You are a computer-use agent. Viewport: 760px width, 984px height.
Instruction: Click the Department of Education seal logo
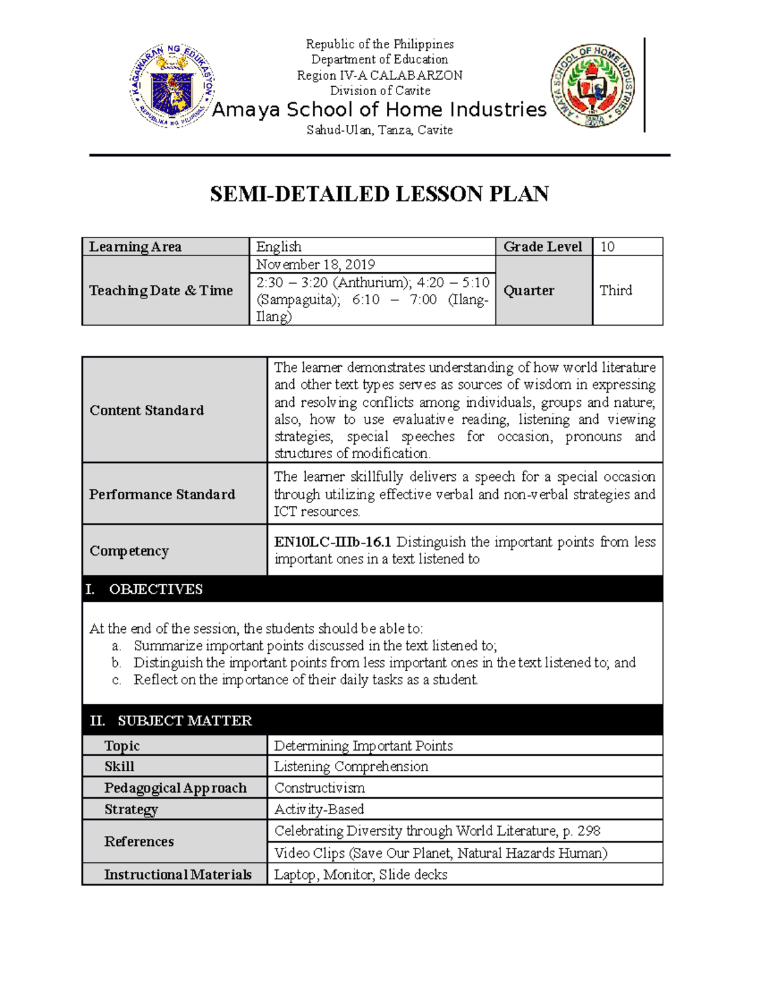tap(172, 86)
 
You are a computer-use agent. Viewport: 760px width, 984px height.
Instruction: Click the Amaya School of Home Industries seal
tap(593, 86)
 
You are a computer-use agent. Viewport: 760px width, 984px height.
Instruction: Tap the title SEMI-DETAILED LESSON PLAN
tap(379, 194)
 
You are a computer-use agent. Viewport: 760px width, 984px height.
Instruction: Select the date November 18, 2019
tap(315, 264)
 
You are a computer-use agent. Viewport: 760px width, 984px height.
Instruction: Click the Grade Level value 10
tap(607, 246)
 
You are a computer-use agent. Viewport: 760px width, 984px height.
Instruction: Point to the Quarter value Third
tap(616, 290)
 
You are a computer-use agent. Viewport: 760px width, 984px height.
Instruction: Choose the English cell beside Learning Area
tap(279, 246)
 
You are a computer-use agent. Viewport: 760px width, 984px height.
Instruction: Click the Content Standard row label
tap(147, 410)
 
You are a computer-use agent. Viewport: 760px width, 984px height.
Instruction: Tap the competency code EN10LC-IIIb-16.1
tap(332, 542)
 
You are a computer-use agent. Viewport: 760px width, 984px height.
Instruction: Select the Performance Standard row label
tap(162, 494)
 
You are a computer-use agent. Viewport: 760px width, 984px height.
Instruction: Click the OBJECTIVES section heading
tap(156, 589)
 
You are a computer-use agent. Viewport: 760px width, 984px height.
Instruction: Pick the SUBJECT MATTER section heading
tap(184, 720)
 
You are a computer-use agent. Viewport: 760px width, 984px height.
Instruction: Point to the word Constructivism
tap(319, 788)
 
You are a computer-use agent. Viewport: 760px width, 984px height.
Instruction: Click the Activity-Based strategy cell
tap(319, 809)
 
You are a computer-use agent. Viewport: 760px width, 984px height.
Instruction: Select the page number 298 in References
tap(589, 831)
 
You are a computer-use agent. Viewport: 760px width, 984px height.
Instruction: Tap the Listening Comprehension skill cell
tap(351, 766)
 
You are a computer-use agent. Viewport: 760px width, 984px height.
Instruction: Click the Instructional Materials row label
tap(178, 874)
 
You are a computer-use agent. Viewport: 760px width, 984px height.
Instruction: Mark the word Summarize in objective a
tap(168, 646)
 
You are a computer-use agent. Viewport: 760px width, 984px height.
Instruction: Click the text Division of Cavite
tap(380, 91)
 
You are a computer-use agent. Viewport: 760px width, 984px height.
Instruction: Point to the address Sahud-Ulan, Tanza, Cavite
tap(379, 130)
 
